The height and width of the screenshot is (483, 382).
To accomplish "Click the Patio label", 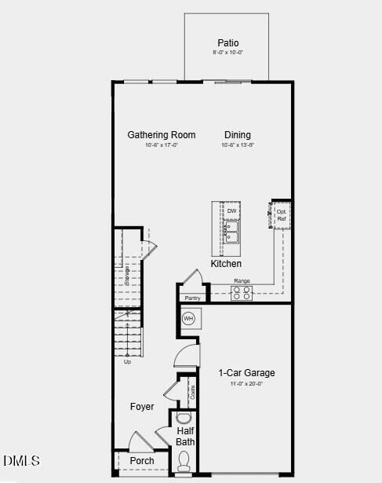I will pyautogui.click(x=228, y=42).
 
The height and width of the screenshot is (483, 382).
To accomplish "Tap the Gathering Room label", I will pyautogui.click(x=162, y=135).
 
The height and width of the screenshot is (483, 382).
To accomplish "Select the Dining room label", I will pyautogui.click(x=238, y=135).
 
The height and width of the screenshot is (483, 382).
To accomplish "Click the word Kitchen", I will pyautogui.click(x=226, y=264).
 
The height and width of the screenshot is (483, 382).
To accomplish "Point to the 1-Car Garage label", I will pyautogui.click(x=246, y=373).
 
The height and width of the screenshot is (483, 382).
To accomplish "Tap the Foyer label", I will pyautogui.click(x=142, y=407).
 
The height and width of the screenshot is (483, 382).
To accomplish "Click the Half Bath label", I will pyautogui.click(x=186, y=437).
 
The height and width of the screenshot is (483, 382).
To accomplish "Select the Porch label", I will pyautogui.click(x=142, y=460).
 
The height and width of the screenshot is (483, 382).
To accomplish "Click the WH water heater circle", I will pyautogui.click(x=188, y=319).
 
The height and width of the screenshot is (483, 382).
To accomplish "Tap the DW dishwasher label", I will pyautogui.click(x=231, y=211).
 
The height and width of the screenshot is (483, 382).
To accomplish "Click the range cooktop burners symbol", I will pyautogui.click(x=242, y=293).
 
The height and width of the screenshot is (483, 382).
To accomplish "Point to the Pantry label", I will pyautogui.click(x=192, y=298).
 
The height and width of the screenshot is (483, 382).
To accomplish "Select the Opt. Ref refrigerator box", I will pyautogui.click(x=282, y=214).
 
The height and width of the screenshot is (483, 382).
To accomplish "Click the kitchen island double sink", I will pyautogui.click(x=231, y=232).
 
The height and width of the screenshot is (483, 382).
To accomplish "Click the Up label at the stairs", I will pyautogui.click(x=127, y=362).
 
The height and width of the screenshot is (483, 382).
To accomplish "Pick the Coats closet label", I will pyautogui.click(x=191, y=390).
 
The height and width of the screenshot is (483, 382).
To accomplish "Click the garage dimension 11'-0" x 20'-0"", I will pyautogui.click(x=246, y=384).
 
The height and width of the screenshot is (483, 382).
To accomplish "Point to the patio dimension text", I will pyautogui.click(x=228, y=53).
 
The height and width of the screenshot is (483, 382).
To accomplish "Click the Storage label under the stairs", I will pyautogui.click(x=127, y=276).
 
